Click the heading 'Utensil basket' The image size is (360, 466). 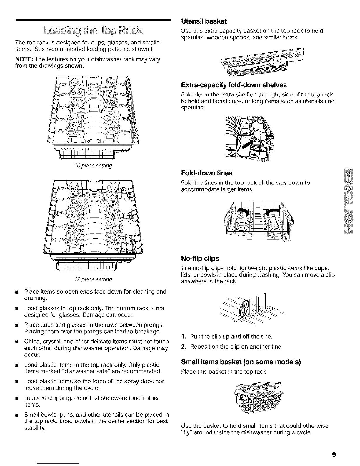(204, 21)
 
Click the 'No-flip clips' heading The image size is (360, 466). (200, 259)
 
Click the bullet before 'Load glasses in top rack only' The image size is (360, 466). (17, 309)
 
